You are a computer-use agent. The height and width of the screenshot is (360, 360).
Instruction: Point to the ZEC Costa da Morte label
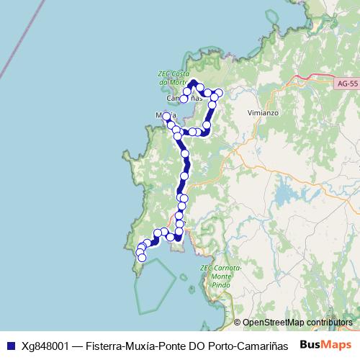point(172,77)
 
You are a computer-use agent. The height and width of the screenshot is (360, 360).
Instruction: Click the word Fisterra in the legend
point(107,345)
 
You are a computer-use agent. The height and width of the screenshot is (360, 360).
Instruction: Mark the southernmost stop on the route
point(141,257)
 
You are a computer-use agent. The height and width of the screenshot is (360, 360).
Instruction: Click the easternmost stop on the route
point(219,94)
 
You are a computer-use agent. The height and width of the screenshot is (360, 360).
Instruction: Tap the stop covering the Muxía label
point(166,116)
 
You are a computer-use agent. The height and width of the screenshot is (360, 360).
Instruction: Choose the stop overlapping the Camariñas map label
point(184,99)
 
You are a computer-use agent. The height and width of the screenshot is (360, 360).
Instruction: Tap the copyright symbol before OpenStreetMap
point(238,323)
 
